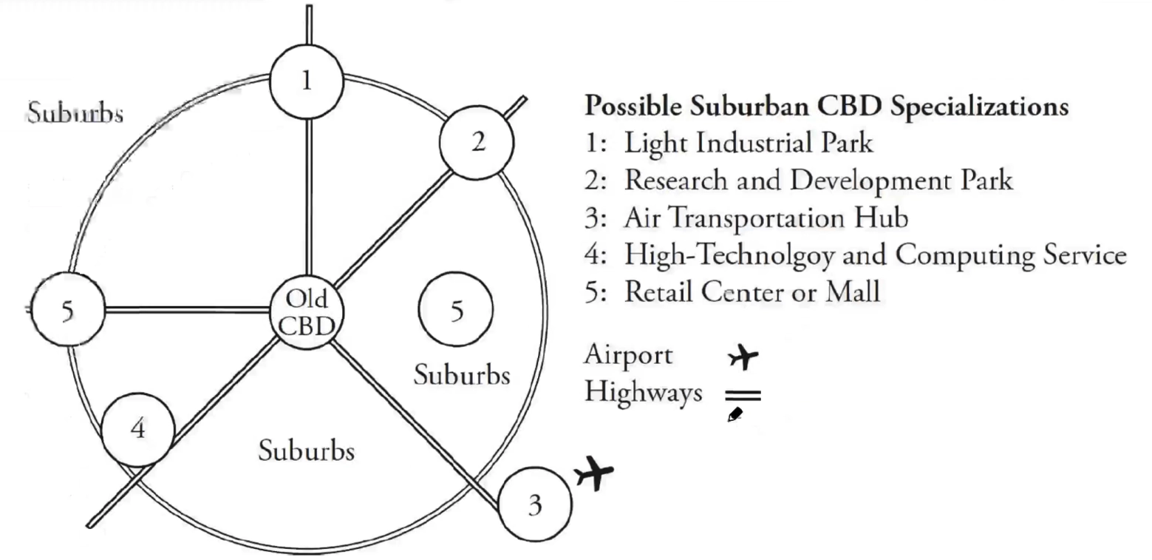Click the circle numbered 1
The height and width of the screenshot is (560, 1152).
pos(306,81)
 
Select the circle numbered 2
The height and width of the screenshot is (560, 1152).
pos(477,142)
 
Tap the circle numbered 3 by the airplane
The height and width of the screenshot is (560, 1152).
pos(535,505)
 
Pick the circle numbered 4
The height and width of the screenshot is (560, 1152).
pos(137,429)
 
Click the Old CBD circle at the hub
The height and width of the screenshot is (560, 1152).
pos(305,312)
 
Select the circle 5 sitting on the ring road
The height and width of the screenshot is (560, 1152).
pos(68,311)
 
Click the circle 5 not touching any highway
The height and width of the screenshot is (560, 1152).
pos(456,311)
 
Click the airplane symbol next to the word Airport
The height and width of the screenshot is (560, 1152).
pos(743,357)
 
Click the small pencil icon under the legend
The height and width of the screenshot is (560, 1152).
pos(735,416)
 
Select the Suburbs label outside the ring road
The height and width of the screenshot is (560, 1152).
pos(75,113)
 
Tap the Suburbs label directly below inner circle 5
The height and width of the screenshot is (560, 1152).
pos(461,374)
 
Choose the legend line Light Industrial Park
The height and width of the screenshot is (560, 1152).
pos(748,142)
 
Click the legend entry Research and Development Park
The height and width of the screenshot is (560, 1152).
pos(817,180)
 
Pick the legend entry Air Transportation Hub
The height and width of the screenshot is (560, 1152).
pos(766,217)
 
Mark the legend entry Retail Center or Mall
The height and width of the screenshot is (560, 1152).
pos(752,291)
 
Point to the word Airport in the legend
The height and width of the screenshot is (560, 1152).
pos(628,355)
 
